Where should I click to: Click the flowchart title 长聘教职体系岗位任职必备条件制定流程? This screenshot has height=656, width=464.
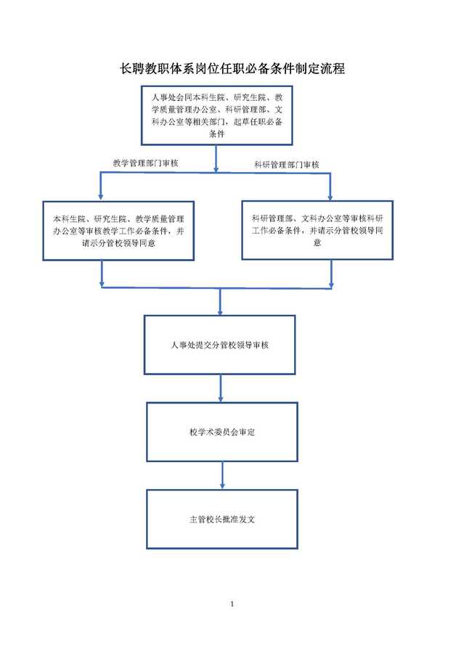232,69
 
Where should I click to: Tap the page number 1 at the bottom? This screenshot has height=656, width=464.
232,604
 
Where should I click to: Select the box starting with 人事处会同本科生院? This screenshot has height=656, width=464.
216,115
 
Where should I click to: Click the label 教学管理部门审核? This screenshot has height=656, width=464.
145,163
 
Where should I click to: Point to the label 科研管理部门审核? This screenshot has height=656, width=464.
286,165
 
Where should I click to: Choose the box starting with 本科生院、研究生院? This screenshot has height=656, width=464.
118,231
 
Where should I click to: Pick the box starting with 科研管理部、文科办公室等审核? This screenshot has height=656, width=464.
317,230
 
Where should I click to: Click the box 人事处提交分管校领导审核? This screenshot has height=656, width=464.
220,345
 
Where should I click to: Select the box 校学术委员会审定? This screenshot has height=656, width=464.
222,432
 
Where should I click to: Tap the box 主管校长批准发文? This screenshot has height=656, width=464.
222,519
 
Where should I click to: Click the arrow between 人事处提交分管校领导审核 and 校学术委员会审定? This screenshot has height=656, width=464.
221,388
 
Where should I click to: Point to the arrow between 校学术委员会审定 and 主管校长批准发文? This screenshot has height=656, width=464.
222,475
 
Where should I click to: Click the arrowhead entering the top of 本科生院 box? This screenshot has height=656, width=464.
101,197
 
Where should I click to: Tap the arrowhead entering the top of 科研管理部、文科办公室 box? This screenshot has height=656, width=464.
330,196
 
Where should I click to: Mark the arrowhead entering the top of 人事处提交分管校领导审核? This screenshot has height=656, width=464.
220,311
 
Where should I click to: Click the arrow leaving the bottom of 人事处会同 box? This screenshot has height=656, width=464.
216,159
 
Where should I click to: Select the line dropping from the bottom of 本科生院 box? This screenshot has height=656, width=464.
102,274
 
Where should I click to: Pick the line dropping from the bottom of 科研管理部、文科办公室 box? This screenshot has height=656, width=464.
331,274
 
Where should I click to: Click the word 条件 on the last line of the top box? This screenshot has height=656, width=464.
217,134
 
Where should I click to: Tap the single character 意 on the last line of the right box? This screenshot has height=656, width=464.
317,242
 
